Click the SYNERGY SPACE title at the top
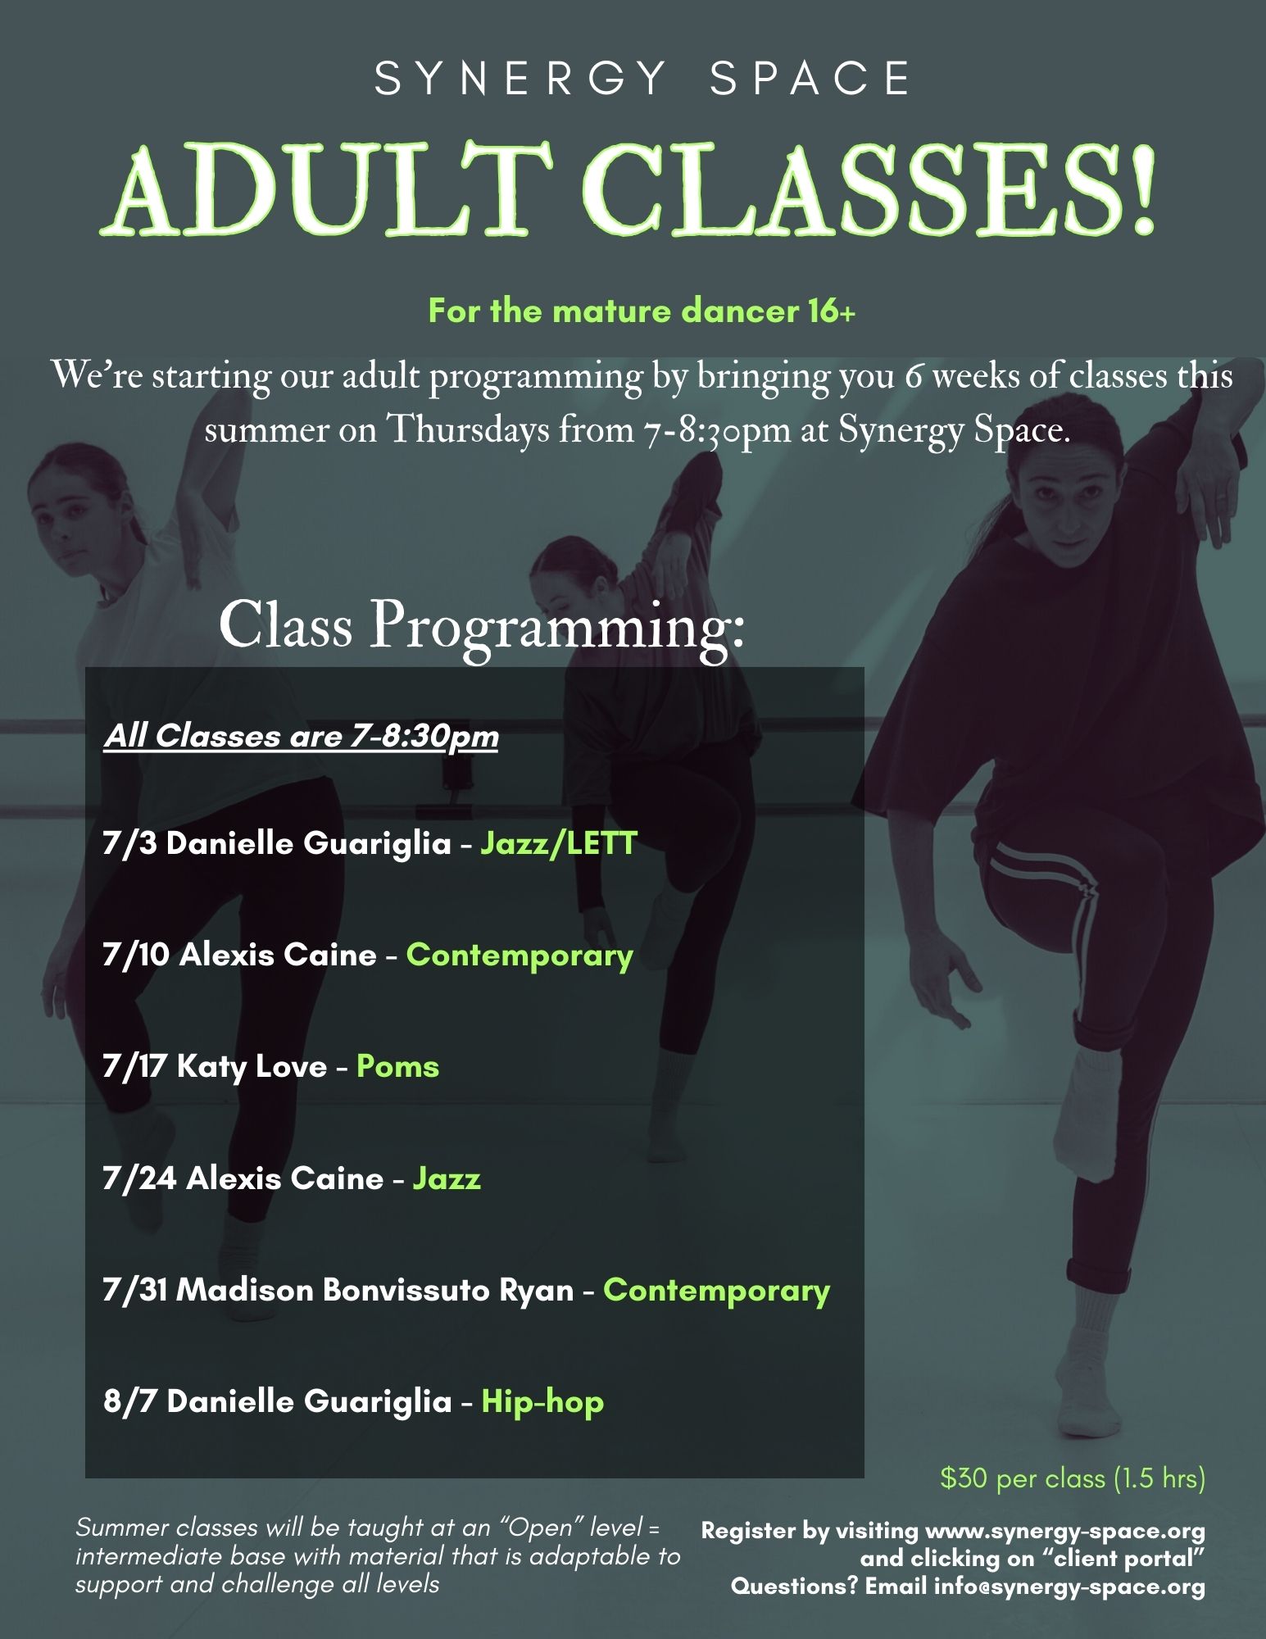pos(642,79)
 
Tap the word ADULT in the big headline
pos(328,190)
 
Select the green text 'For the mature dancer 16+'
pos(642,311)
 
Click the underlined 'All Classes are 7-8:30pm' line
pos(301,736)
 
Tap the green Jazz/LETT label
pos(559,843)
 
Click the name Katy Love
pos(252,1067)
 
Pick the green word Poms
pos(397,1067)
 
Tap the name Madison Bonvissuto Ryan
pos(375,1290)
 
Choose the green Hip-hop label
pos(542,1401)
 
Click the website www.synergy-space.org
pos(1064,1531)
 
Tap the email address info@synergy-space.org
pos(1069,1587)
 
